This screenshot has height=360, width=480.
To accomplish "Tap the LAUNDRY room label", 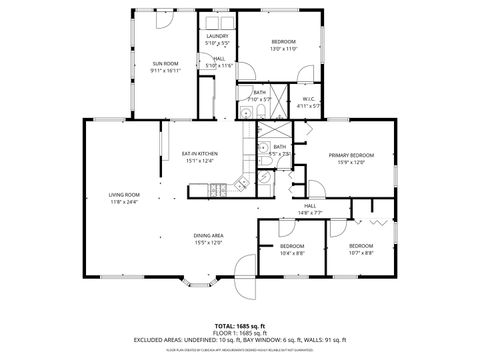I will [217, 36].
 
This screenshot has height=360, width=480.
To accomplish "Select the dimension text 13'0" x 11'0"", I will [284, 48].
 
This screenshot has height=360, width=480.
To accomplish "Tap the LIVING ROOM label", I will [124, 194].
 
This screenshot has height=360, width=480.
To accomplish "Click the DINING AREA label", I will [208, 235].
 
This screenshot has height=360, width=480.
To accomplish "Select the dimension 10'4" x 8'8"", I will [291, 253].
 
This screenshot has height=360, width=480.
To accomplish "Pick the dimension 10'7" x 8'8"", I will [360, 253].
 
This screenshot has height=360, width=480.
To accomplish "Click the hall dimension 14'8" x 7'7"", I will [310, 212].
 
